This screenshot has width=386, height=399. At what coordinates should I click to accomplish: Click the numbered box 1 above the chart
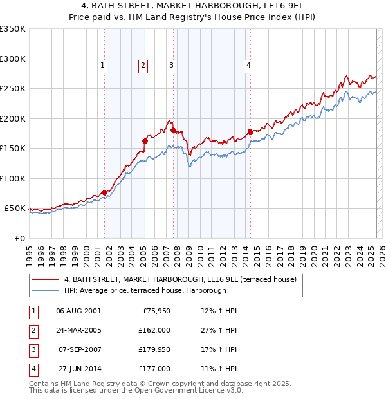click(x=104, y=64)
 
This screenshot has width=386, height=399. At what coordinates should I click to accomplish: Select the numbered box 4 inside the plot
click(x=248, y=64)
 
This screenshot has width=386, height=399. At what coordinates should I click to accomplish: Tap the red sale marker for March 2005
click(x=145, y=141)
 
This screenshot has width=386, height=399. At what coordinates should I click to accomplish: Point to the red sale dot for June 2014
click(x=250, y=132)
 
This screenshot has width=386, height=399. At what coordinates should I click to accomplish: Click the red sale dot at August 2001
click(x=104, y=192)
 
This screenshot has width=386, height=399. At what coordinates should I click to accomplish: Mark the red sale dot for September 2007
click(x=174, y=130)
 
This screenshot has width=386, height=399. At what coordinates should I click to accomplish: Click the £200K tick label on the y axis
click(x=12, y=118)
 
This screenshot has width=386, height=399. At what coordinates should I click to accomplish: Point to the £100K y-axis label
click(x=12, y=178)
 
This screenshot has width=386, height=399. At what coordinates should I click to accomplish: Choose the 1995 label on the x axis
click(x=29, y=251)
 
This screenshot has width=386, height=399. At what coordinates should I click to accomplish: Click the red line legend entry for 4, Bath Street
click(x=180, y=279)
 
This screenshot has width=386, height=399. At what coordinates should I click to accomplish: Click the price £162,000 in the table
click(x=154, y=329)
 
